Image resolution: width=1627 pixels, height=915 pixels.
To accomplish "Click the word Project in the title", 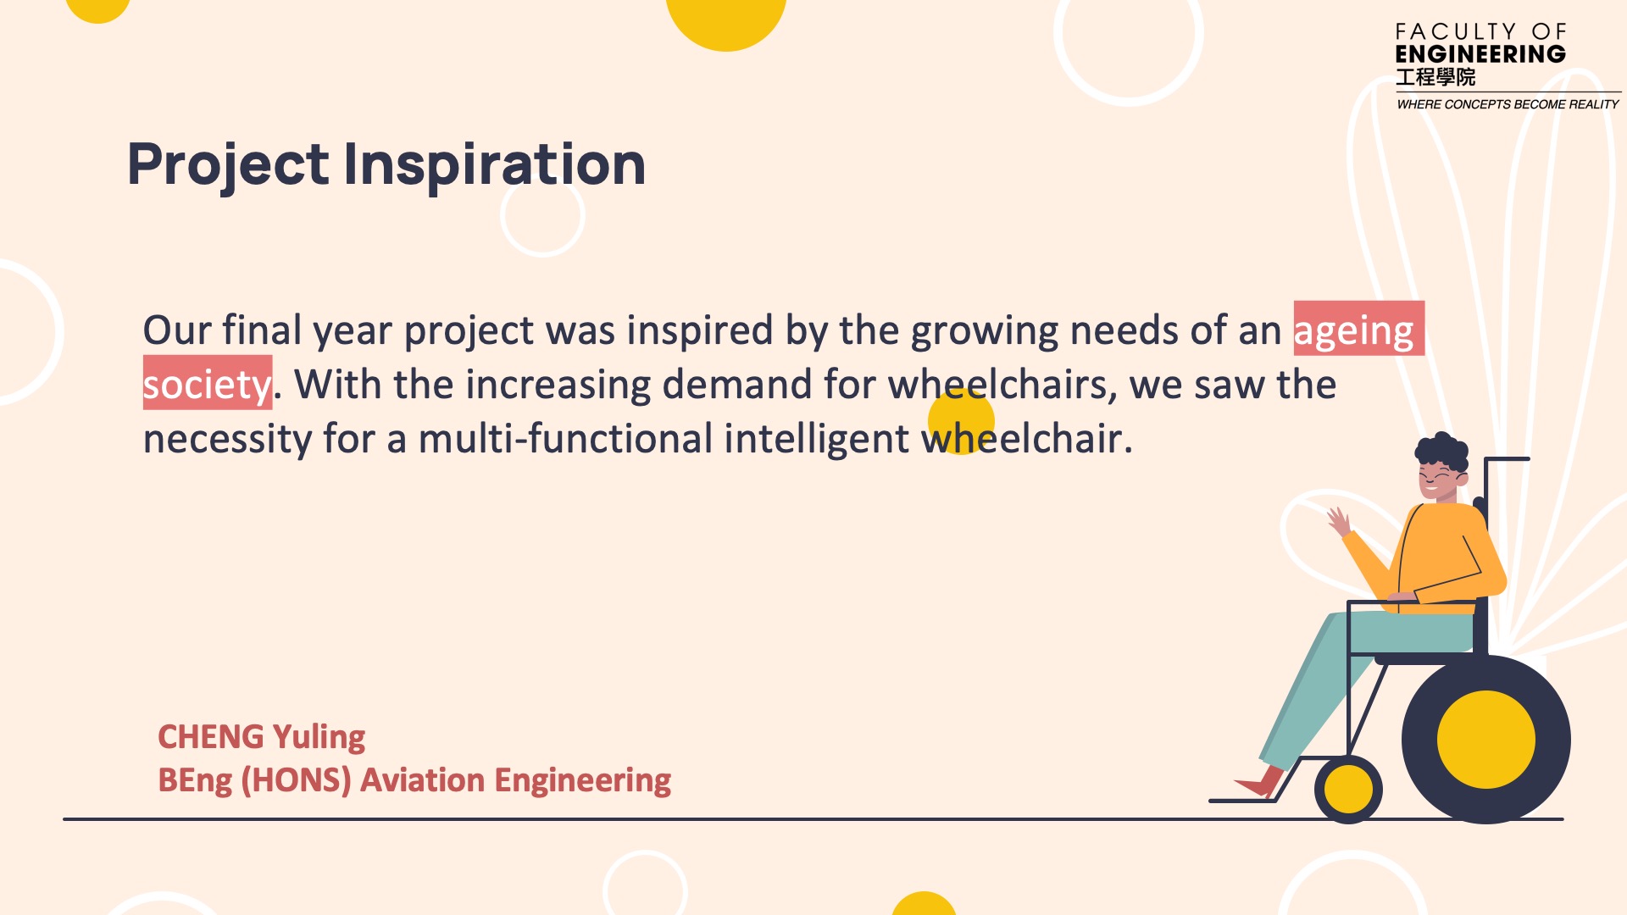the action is point(228,166).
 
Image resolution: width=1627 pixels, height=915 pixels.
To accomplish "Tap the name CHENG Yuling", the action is point(262,737).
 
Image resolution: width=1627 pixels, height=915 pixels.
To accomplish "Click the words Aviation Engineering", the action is point(516,780).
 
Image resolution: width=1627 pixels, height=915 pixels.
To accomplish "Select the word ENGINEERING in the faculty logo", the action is point(1480,54).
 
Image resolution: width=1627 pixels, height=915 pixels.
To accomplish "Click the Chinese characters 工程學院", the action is point(1435,77).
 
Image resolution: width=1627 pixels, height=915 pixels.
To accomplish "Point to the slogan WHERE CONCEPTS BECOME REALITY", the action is point(1508,104).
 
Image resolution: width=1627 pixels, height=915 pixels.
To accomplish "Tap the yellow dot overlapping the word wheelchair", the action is point(961,421).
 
